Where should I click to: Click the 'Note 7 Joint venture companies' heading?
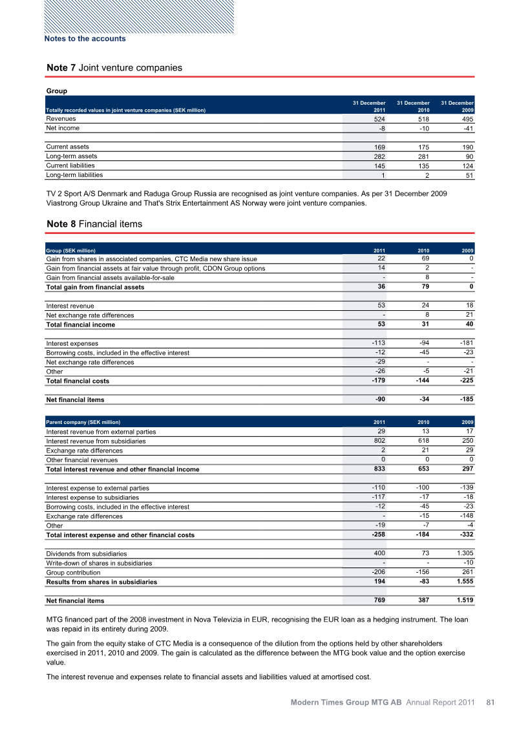[114, 68]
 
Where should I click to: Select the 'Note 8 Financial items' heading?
[94, 224]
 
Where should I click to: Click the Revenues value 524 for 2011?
[377, 120]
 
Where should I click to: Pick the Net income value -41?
[467, 129]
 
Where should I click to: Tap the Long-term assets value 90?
[469, 157]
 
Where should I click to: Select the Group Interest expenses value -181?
[465, 343]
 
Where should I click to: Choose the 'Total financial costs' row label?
[78, 381]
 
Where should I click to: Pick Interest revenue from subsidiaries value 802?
[377, 441]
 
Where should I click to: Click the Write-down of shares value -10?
[467, 563]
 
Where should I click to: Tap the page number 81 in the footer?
[490, 702]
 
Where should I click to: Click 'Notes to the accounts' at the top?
[85, 39]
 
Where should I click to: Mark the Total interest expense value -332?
[465, 535]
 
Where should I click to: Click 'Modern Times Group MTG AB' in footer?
[346, 702]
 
